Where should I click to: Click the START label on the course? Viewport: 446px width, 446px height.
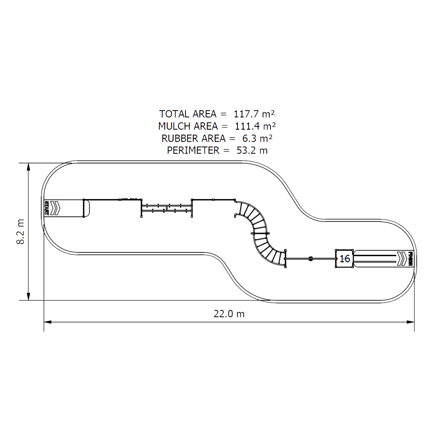(x=46, y=208)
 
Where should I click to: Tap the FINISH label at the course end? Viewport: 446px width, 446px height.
(x=411, y=259)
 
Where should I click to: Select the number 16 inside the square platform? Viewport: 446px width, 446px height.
(x=345, y=259)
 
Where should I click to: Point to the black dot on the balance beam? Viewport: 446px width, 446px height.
(x=311, y=259)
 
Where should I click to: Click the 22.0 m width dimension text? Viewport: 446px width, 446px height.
(x=229, y=314)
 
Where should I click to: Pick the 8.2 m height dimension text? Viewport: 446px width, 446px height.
(x=20, y=232)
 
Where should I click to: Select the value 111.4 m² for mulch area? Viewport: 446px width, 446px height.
(x=255, y=126)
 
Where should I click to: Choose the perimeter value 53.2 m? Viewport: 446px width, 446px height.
(x=252, y=150)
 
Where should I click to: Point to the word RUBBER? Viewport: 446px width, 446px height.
(x=178, y=138)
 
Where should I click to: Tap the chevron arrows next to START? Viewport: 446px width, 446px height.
(x=55, y=208)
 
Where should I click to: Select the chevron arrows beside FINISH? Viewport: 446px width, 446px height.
(x=401, y=259)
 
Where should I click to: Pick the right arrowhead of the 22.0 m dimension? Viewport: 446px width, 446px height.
(x=411, y=320)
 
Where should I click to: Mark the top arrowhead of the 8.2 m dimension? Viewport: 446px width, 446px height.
(x=28, y=166)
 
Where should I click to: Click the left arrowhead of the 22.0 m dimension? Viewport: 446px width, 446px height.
(x=47, y=320)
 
